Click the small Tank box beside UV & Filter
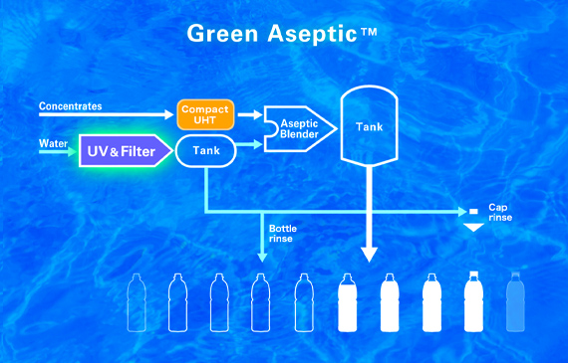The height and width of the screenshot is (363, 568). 206,151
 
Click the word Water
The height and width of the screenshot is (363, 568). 53,143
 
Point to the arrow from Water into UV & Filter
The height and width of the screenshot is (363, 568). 62,152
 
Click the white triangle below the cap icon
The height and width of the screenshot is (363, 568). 474,228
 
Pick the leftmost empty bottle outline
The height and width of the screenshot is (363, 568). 138,302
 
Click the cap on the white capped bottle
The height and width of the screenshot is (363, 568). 472,276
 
